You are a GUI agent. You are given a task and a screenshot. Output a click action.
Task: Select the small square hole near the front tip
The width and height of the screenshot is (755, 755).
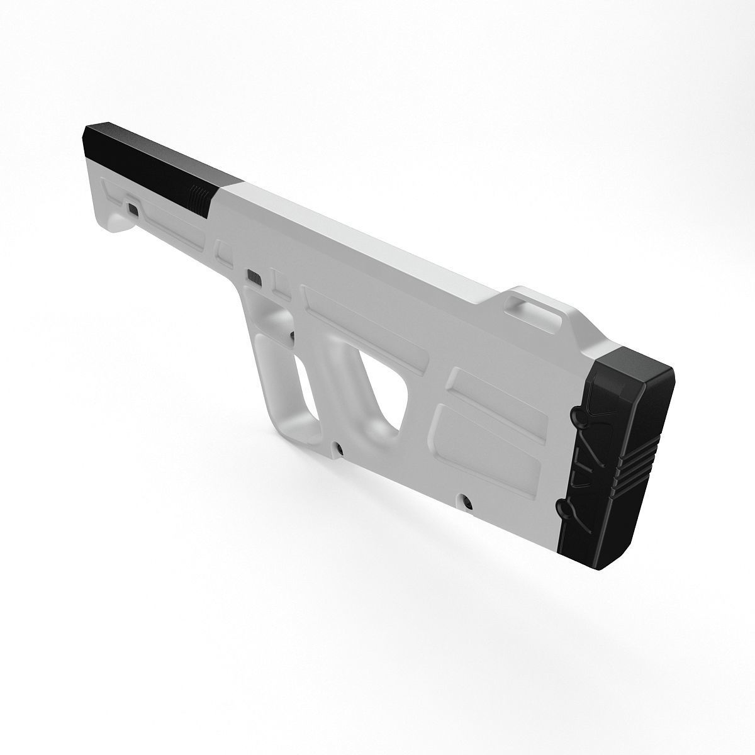click(x=133, y=208)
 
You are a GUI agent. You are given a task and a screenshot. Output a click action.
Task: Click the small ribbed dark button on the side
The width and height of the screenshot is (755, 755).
click(x=255, y=277)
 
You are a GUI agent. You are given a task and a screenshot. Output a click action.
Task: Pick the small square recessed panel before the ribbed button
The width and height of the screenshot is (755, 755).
click(x=225, y=255)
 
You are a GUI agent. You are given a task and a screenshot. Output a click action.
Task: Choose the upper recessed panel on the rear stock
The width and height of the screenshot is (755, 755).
click(x=497, y=393)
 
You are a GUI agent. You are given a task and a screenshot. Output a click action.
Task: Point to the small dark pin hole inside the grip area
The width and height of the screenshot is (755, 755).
click(x=293, y=335)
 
